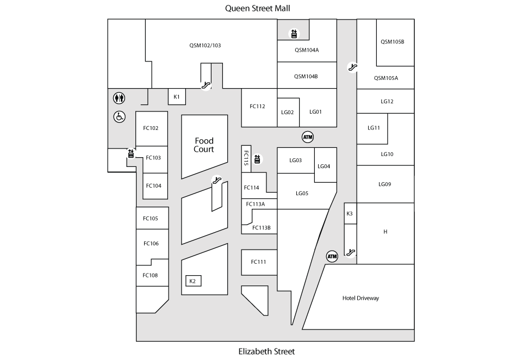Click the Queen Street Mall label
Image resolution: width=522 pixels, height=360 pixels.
[x=257, y=8]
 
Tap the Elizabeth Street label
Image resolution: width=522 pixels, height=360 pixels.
[x=266, y=351]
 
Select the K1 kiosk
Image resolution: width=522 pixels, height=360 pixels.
[x=177, y=97]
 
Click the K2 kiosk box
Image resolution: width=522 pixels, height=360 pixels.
[x=193, y=281]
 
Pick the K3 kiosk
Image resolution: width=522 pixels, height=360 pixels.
[x=350, y=214]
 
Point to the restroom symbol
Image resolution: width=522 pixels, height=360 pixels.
[x=119, y=98]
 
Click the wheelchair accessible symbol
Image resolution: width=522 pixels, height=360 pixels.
[x=119, y=116]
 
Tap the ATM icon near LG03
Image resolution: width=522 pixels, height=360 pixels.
[x=308, y=137]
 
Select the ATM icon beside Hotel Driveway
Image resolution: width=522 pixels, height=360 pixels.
[x=332, y=256]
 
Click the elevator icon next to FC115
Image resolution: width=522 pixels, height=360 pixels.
[x=257, y=159]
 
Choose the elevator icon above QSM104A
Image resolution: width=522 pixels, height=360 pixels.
[x=294, y=34]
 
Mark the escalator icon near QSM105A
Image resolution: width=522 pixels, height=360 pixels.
[x=352, y=67]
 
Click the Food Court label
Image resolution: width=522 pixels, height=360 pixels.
[x=204, y=145]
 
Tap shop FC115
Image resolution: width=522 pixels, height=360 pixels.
[x=246, y=159]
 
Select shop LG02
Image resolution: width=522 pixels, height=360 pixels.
[x=288, y=112]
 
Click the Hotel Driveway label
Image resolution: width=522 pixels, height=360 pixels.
[x=361, y=298]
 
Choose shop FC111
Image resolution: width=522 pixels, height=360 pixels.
[x=259, y=262]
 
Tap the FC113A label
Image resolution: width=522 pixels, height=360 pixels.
[x=256, y=204]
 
